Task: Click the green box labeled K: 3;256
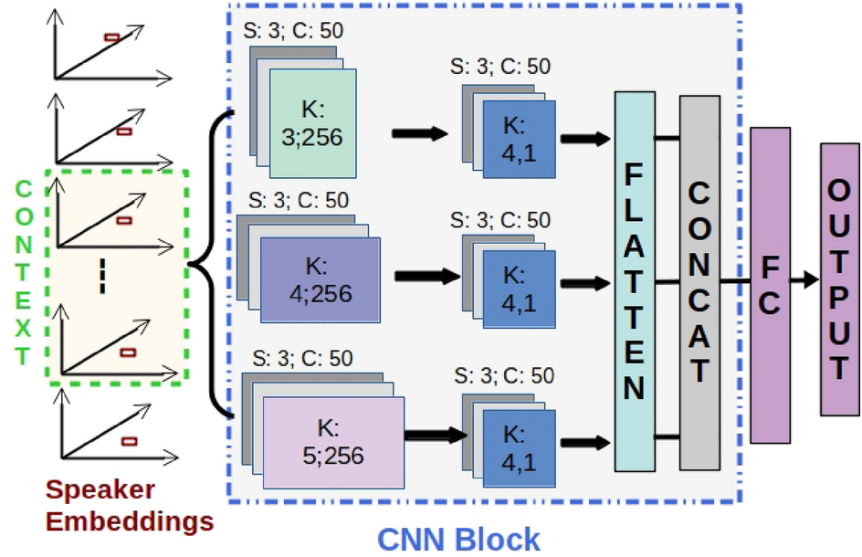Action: point(311,124)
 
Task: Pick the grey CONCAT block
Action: point(699,281)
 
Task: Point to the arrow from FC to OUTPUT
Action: point(804,281)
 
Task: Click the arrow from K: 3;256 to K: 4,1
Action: point(420,134)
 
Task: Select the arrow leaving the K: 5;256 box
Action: point(434,435)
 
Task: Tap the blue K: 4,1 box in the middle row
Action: point(520,282)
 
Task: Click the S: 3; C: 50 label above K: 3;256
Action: point(294,30)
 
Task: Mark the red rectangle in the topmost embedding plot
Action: point(112,37)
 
